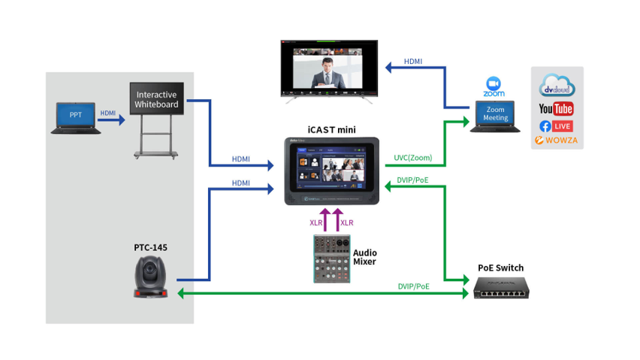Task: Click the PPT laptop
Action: pyautogui.click(x=76, y=117)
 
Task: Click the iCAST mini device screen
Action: pyautogui.click(x=331, y=169)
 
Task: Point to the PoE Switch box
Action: pyautogui.click(x=500, y=287)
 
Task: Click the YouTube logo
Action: pyautogui.click(x=557, y=108)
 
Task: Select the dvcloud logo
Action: pyautogui.click(x=557, y=85)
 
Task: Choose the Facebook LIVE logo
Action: pyautogui.click(x=557, y=126)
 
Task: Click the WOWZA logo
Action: pyautogui.click(x=557, y=140)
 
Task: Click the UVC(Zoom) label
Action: pyautogui.click(x=413, y=159)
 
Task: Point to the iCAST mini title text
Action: pyautogui.click(x=331, y=129)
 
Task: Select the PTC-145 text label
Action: pyautogui.click(x=150, y=247)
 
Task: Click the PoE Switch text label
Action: pyautogui.click(x=500, y=268)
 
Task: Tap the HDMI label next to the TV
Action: pyautogui.click(x=412, y=61)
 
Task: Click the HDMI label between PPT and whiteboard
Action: pyautogui.click(x=108, y=113)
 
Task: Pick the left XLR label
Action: pyautogui.click(x=315, y=222)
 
